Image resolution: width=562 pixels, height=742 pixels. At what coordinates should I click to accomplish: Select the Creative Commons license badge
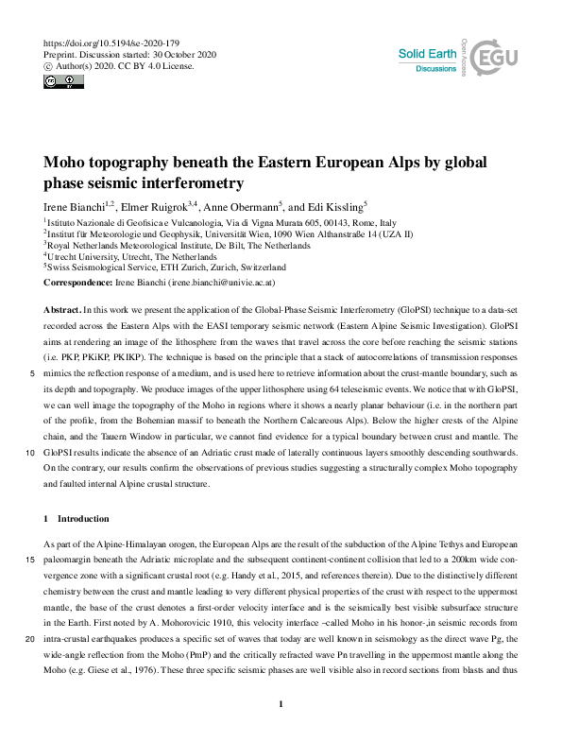coord(62,82)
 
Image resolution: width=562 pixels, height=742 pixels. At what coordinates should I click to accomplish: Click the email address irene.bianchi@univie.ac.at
coord(216,282)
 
